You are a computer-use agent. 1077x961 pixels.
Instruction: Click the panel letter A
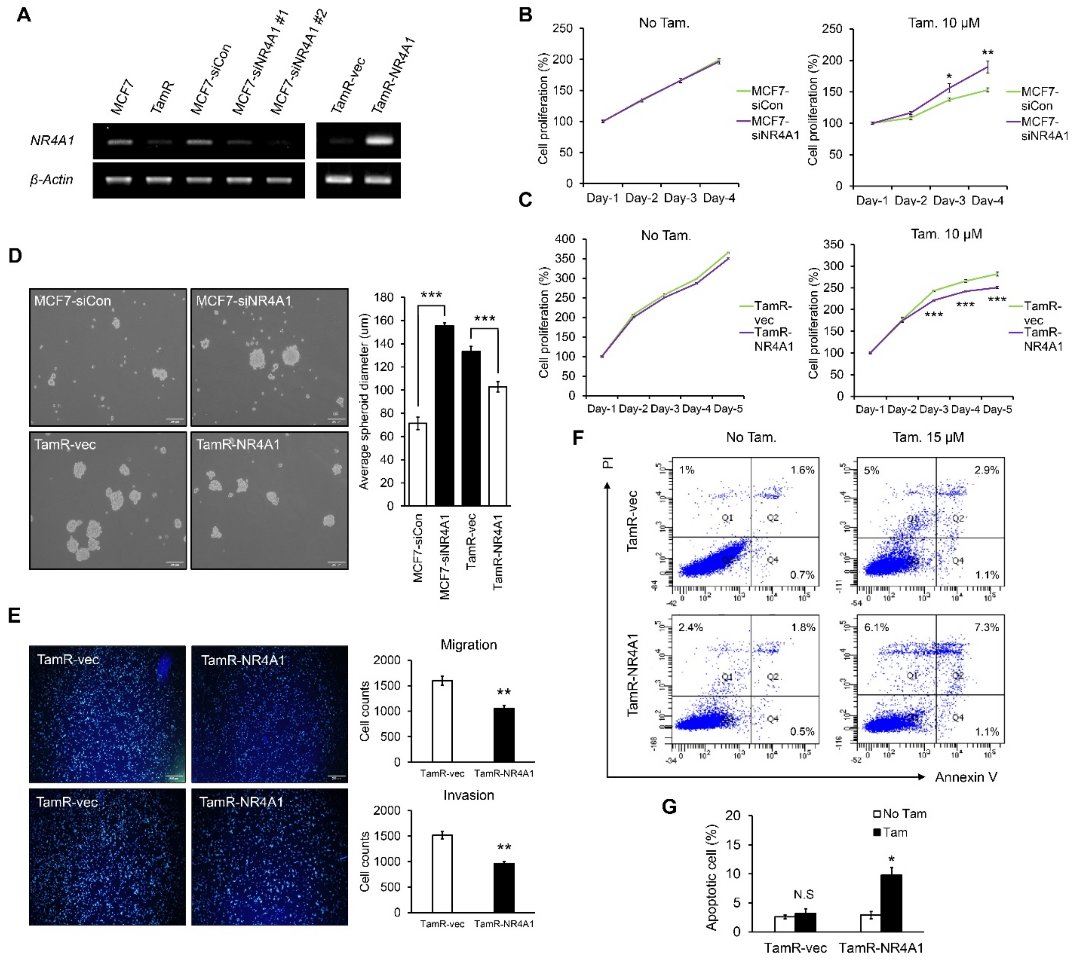pyautogui.click(x=24, y=15)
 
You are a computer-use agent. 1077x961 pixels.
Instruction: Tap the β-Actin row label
pyautogui.click(x=51, y=179)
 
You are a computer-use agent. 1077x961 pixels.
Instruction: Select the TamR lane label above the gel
pyautogui.click(x=162, y=98)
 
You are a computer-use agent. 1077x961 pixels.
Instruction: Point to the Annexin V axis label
pyautogui.click(x=966, y=777)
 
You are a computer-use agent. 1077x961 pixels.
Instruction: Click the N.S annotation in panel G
pyautogui.click(x=803, y=894)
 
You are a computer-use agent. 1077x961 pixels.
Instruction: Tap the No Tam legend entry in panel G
pyautogui.click(x=899, y=814)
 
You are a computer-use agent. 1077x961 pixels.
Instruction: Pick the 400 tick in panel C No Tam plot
pyautogui.click(x=565, y=239)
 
